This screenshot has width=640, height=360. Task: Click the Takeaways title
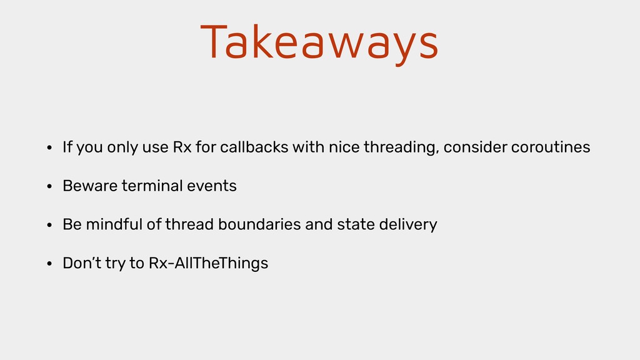[x=319, y=43]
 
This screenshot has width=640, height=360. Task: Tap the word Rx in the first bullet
[x=182, y=147]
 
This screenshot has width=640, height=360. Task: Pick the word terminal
[x=152, y=186]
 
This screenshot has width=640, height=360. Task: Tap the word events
[x=212, y=186]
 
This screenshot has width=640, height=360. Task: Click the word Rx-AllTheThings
[x=208, y=263]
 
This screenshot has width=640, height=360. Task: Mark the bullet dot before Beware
[x=49, y=186]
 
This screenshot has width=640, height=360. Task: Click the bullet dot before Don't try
[x=49, y=264]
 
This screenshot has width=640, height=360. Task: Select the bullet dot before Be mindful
[x=49, y=225]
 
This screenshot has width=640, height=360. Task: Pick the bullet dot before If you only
[x=49, y=147]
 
